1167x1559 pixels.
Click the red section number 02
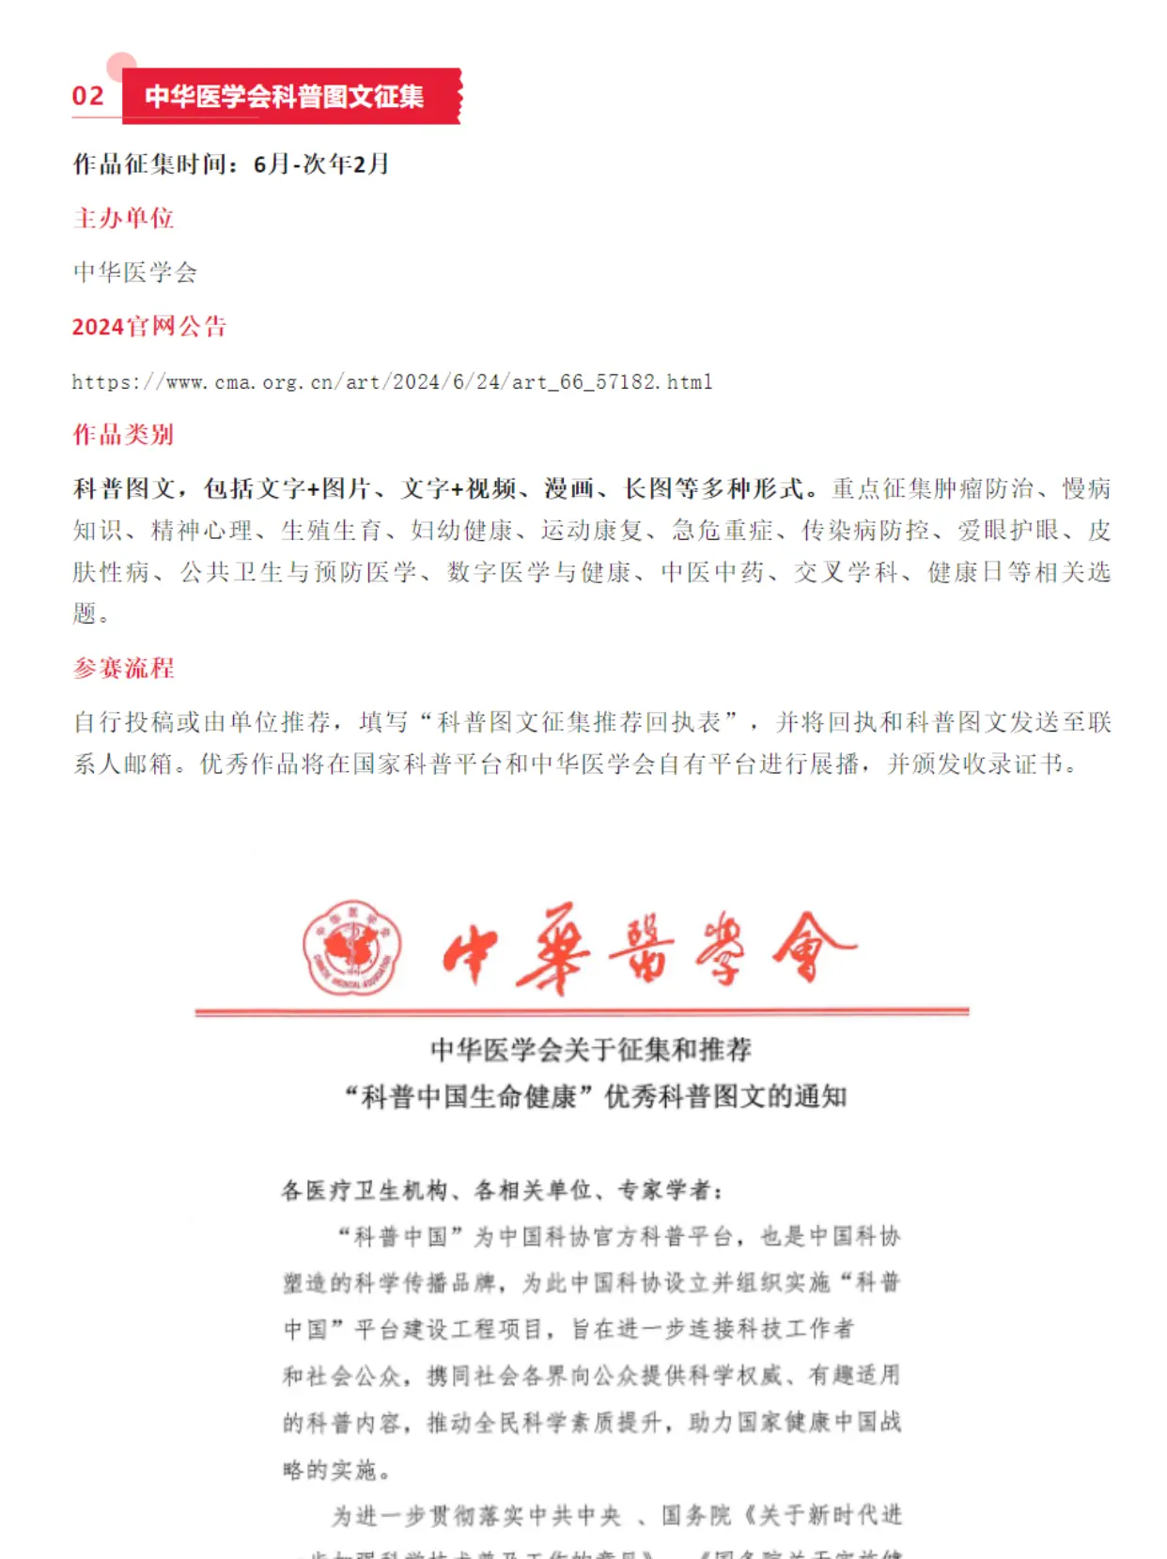coord(88,96)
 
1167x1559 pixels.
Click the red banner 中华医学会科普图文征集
coord(284,96)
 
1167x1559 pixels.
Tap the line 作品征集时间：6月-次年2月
coord(231,164)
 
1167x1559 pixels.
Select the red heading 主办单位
coord(123,219)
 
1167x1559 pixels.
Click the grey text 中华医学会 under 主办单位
coord(135,272)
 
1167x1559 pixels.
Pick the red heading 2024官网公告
coord(149,327)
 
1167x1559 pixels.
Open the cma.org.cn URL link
coord(392,382)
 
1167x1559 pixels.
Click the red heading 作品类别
coord(123,435)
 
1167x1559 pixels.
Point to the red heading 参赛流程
coord(123,669)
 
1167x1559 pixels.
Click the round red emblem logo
coord(352,947)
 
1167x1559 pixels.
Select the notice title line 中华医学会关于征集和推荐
coord(591,1050)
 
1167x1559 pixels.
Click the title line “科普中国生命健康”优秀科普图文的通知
coord(596,1096)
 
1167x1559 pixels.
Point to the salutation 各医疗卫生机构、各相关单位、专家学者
coord(502,1191)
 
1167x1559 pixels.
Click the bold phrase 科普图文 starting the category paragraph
coord(124,489)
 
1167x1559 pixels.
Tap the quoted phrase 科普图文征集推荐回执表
coord(579,722)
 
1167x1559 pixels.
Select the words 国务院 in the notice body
coord(695,1515)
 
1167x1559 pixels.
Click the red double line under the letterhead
coord(582,1012)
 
